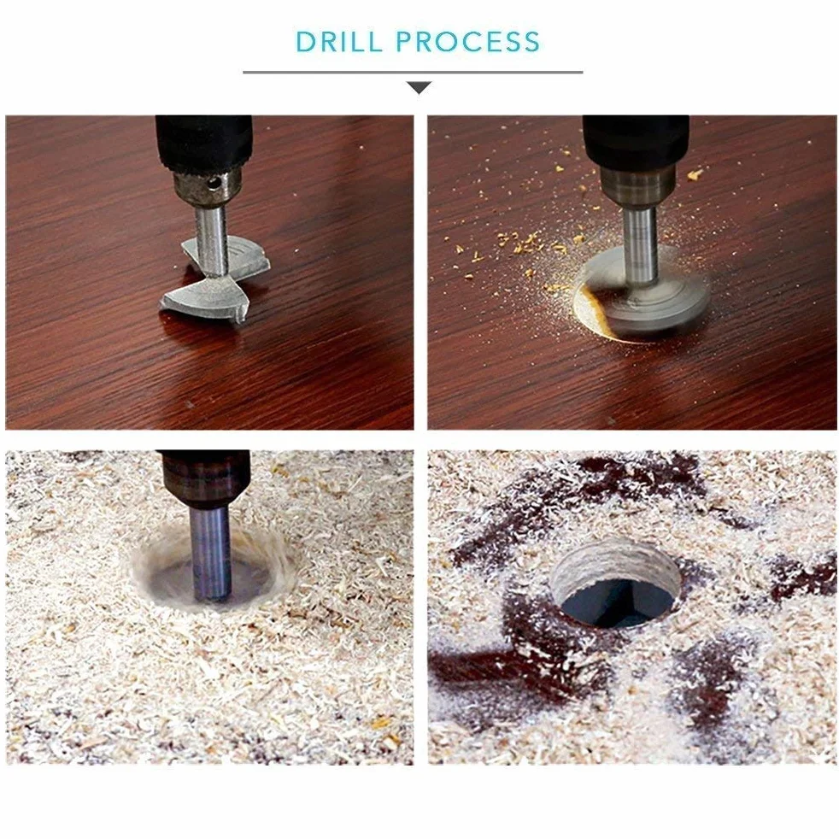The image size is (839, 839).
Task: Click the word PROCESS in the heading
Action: point(467,42)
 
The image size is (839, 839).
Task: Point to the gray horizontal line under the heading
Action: point(413,72)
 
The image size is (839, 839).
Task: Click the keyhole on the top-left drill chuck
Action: point(214,183)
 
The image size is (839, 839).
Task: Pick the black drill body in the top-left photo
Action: point(204,142)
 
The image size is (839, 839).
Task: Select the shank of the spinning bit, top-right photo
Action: point(639,245)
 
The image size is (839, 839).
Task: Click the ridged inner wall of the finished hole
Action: point(615,562)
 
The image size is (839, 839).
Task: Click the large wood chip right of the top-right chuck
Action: point(695,174)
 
